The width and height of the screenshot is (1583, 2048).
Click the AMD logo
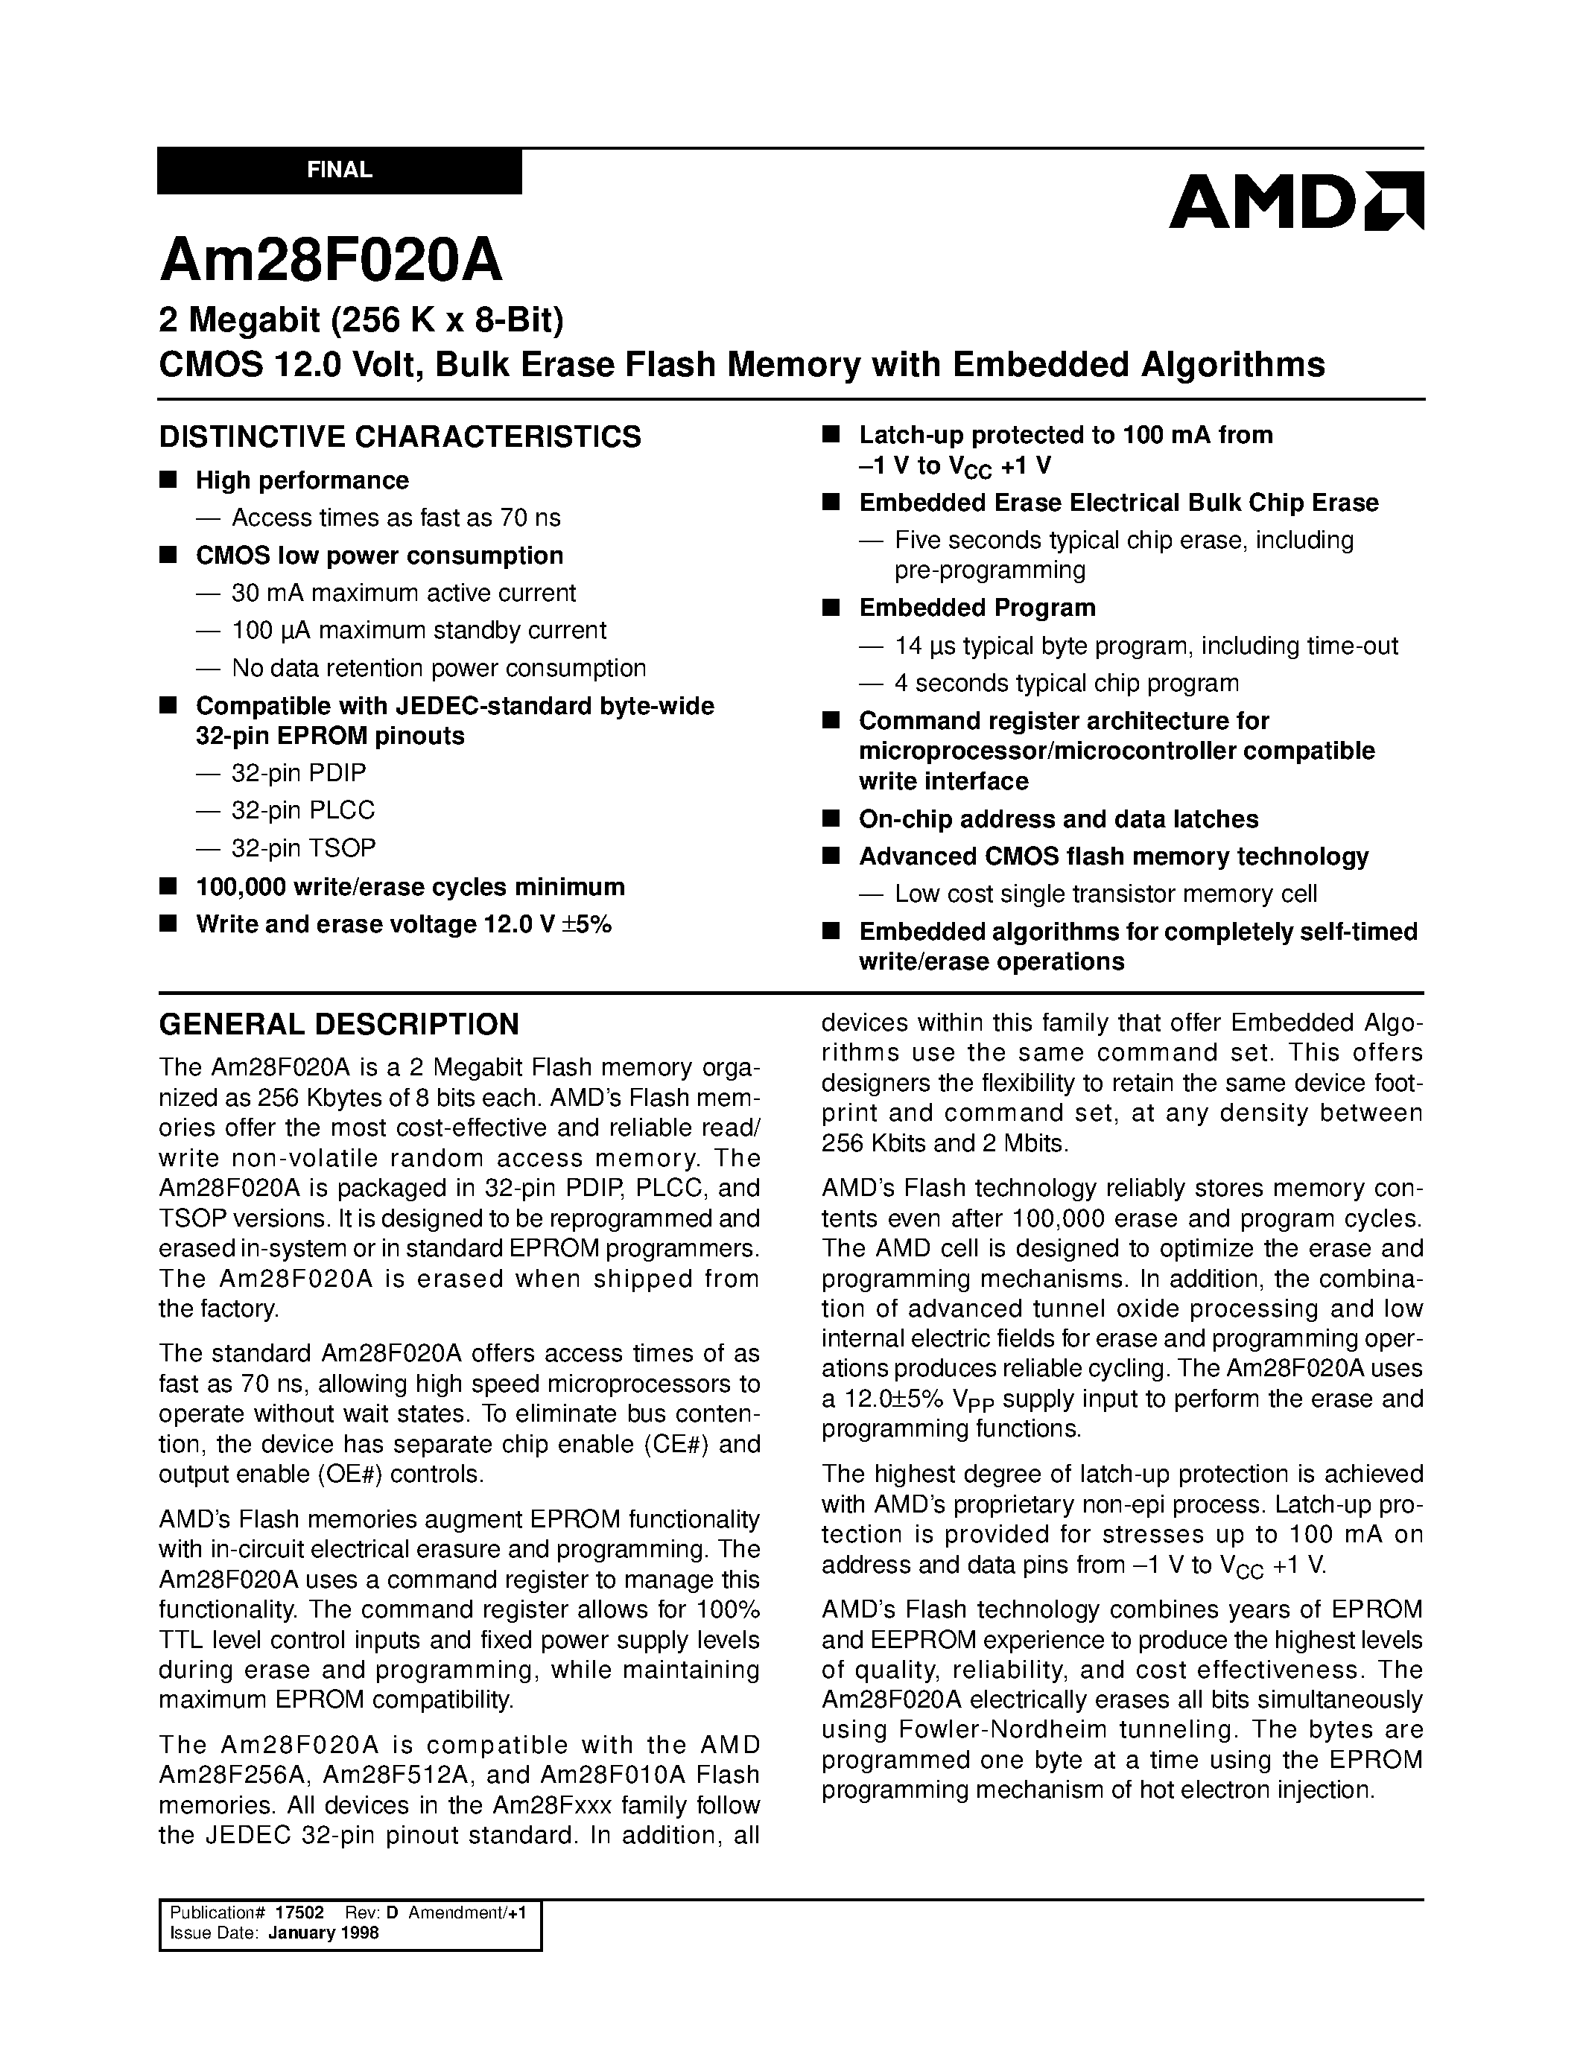coord(1295,200)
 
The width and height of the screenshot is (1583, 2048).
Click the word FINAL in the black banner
coord(340,171)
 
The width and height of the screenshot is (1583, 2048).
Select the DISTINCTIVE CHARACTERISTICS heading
coord(401,437)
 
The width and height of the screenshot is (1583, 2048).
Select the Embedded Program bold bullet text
coord(977,608)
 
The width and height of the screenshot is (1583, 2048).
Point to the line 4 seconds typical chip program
coord(1066,683)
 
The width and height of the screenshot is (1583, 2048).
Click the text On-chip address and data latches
coord(1058,818)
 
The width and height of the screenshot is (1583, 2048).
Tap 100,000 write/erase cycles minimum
coord(410,887)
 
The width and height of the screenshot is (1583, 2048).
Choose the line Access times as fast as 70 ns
coord(396,518)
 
